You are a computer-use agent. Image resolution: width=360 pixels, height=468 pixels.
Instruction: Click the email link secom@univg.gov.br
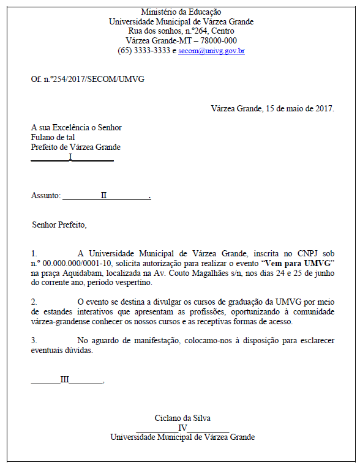211,51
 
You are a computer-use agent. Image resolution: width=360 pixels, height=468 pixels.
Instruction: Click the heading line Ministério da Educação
181,12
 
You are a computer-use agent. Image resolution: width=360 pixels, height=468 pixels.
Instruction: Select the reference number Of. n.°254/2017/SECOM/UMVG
88,80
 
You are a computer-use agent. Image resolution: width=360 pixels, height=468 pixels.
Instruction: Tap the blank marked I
71,157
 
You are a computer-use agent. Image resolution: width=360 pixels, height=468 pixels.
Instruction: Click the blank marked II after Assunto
104,195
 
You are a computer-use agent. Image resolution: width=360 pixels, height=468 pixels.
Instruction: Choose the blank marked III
65,379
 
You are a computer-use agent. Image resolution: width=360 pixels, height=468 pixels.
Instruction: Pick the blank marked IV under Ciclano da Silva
182,428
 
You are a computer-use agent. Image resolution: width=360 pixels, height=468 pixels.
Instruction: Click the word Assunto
45,196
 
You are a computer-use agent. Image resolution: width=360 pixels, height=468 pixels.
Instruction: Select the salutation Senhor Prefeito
59,225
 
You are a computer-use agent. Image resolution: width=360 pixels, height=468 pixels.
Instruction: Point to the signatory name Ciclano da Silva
182,418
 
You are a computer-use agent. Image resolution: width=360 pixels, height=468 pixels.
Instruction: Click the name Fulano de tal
53,138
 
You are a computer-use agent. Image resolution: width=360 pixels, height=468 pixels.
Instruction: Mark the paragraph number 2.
34,302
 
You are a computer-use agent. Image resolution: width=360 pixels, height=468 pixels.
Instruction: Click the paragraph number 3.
34,341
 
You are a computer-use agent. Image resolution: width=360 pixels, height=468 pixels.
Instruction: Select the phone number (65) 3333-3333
144,51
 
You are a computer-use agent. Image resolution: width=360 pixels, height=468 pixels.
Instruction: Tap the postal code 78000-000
217,41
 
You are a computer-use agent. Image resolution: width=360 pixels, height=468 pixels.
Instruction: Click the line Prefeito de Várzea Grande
76,147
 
